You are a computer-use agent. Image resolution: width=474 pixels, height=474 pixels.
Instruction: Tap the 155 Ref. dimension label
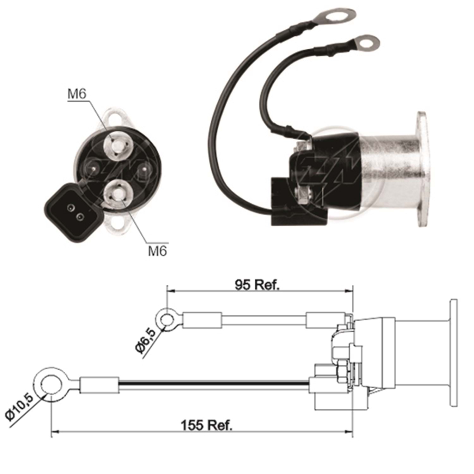(206, 425)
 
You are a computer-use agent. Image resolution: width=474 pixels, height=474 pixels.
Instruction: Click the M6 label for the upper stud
(77, 94)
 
